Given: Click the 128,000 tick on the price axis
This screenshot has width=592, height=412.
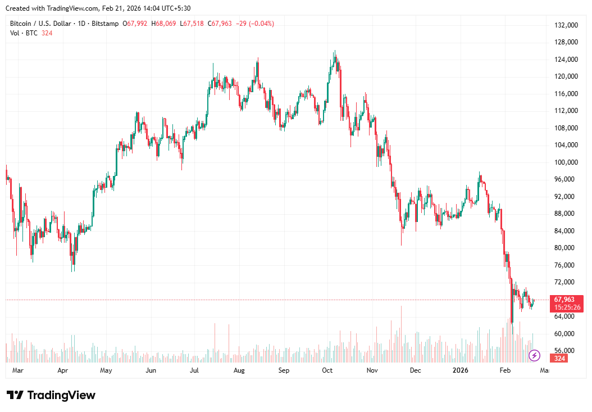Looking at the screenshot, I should click(566, 42).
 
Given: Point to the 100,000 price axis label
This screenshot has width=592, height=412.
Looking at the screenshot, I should click(566, 162).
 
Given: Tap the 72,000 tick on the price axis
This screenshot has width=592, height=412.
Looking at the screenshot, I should click(566, 282).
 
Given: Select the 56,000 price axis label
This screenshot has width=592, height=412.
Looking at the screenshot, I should click(566, 350).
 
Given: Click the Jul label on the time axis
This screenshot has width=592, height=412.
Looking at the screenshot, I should click(194, 370).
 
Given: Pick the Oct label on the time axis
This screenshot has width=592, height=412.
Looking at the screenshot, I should click(327, 370).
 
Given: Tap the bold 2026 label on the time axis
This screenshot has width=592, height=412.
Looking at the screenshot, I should click(460, 370).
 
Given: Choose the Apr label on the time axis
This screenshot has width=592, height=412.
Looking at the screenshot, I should click(62, 370).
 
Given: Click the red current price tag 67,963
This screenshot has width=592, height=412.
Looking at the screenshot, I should click(567, 300).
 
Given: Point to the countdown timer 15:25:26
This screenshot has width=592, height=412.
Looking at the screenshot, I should click(567, 307).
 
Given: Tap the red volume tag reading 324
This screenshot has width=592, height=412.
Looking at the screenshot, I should click(559, 358).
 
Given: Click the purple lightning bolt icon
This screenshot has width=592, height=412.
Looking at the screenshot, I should click(535, 355).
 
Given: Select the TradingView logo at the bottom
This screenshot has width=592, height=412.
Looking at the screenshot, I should click(51, 395).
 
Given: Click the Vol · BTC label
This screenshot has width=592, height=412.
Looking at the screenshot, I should click(24, 33).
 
